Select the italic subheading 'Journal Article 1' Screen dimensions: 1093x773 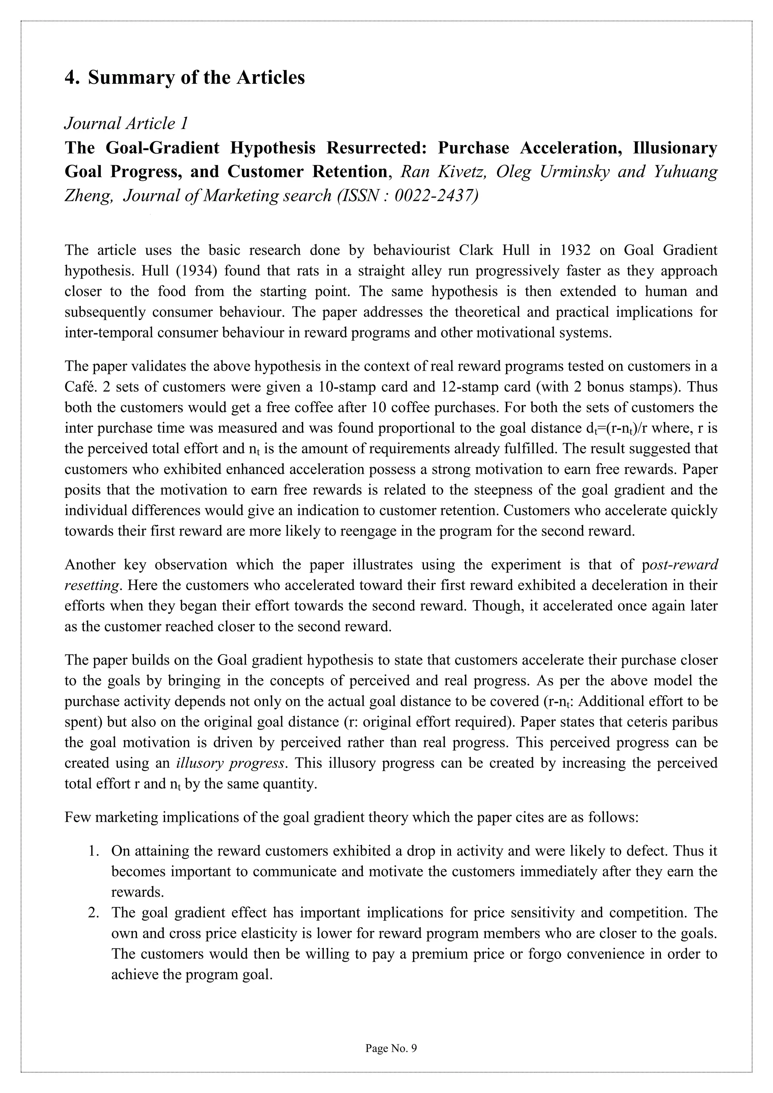[126, 123]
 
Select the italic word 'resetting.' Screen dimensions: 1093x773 [91, 585]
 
